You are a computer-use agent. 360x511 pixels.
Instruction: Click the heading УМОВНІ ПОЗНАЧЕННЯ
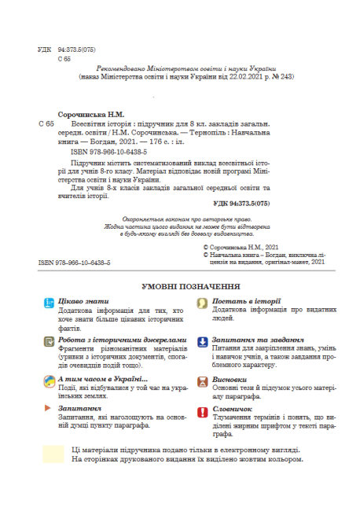tap(180, 288)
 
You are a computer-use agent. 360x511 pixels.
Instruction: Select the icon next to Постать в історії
tap(202, 303)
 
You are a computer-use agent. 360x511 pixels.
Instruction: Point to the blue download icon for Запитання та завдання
tap(202, 340)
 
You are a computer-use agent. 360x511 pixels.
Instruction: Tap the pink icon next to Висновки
tap(202, 379)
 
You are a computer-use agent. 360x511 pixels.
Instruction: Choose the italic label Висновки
tap(229, 378)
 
